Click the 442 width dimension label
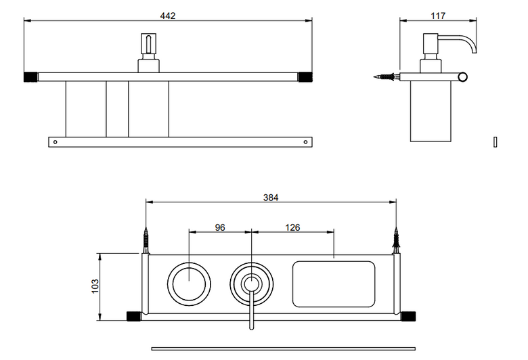coord(168,16)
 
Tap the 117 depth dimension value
coord(438,16)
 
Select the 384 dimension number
coord(271,198)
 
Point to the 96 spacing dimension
coord(220,227)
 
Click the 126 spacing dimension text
coord(292,227)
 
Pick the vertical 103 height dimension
coord(95,286)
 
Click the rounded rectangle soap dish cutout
coord(333,284)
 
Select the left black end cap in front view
coord(30,76)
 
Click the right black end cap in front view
coord(305,76)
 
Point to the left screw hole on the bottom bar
coord(56,142)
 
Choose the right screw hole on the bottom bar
coord(305,142)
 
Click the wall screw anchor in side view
coord(387,76)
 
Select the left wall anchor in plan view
coord(146,240)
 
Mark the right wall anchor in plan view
coord(396,240)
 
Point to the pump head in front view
coord(148,43)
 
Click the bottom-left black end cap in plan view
coord(133,317)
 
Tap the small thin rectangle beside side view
coord(496,142)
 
